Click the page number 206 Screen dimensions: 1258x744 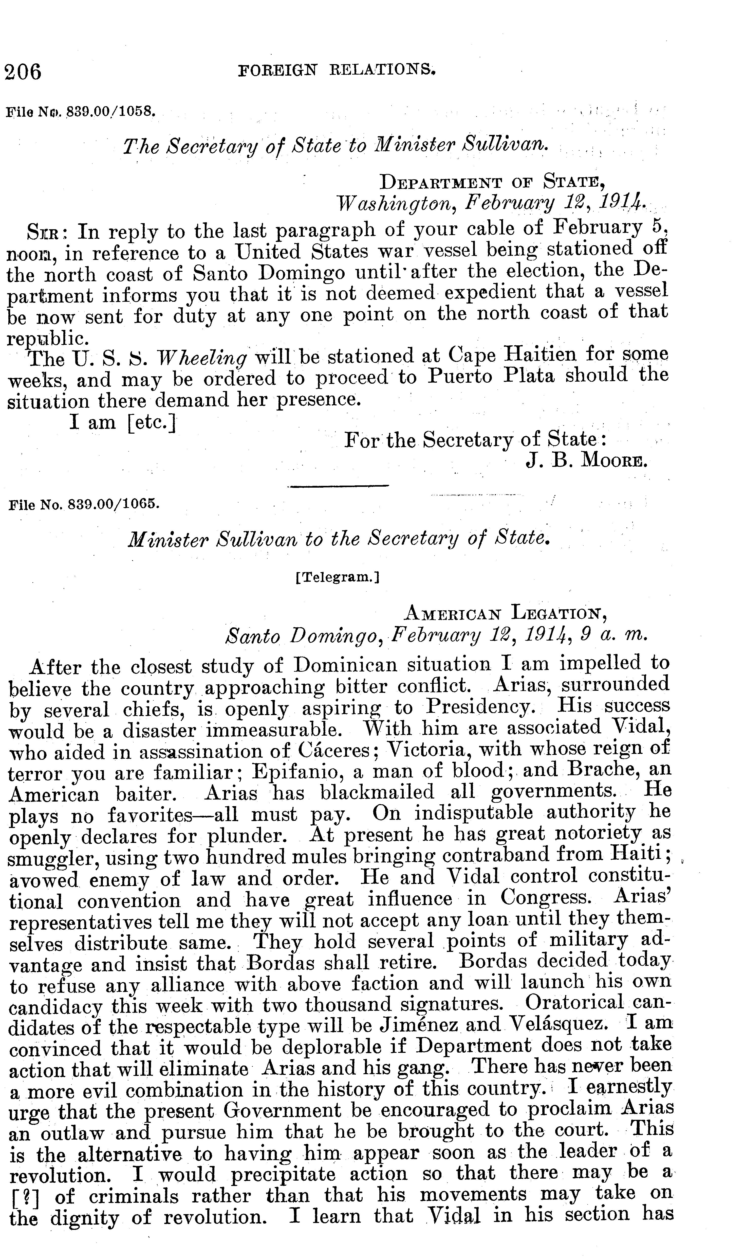click(23, 72)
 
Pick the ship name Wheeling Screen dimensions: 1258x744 click(202, 358)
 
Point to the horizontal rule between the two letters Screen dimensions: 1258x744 click(339, 485)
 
